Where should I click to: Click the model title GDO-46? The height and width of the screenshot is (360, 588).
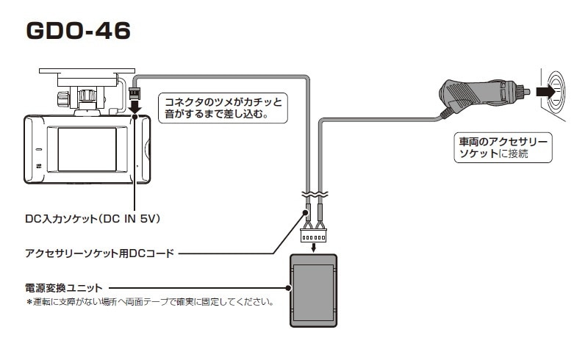tap(78, 30)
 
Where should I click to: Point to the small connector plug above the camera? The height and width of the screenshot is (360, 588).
tap(135, 93)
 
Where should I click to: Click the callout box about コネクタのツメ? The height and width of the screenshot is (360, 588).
tap(223, 107)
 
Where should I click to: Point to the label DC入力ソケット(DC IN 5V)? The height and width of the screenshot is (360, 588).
tap(93, 219)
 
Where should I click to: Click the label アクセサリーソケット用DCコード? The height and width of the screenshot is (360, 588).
tap(100, 253)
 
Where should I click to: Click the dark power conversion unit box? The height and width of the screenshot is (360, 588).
tap(314, 290)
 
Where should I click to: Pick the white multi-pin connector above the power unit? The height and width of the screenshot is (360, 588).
tap(314, 236)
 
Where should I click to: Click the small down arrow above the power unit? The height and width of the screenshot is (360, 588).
tap(314, 248)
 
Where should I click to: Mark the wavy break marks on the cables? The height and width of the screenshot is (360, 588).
tap(315, 196)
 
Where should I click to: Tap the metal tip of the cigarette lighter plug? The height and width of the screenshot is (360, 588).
tap(525, 93)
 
